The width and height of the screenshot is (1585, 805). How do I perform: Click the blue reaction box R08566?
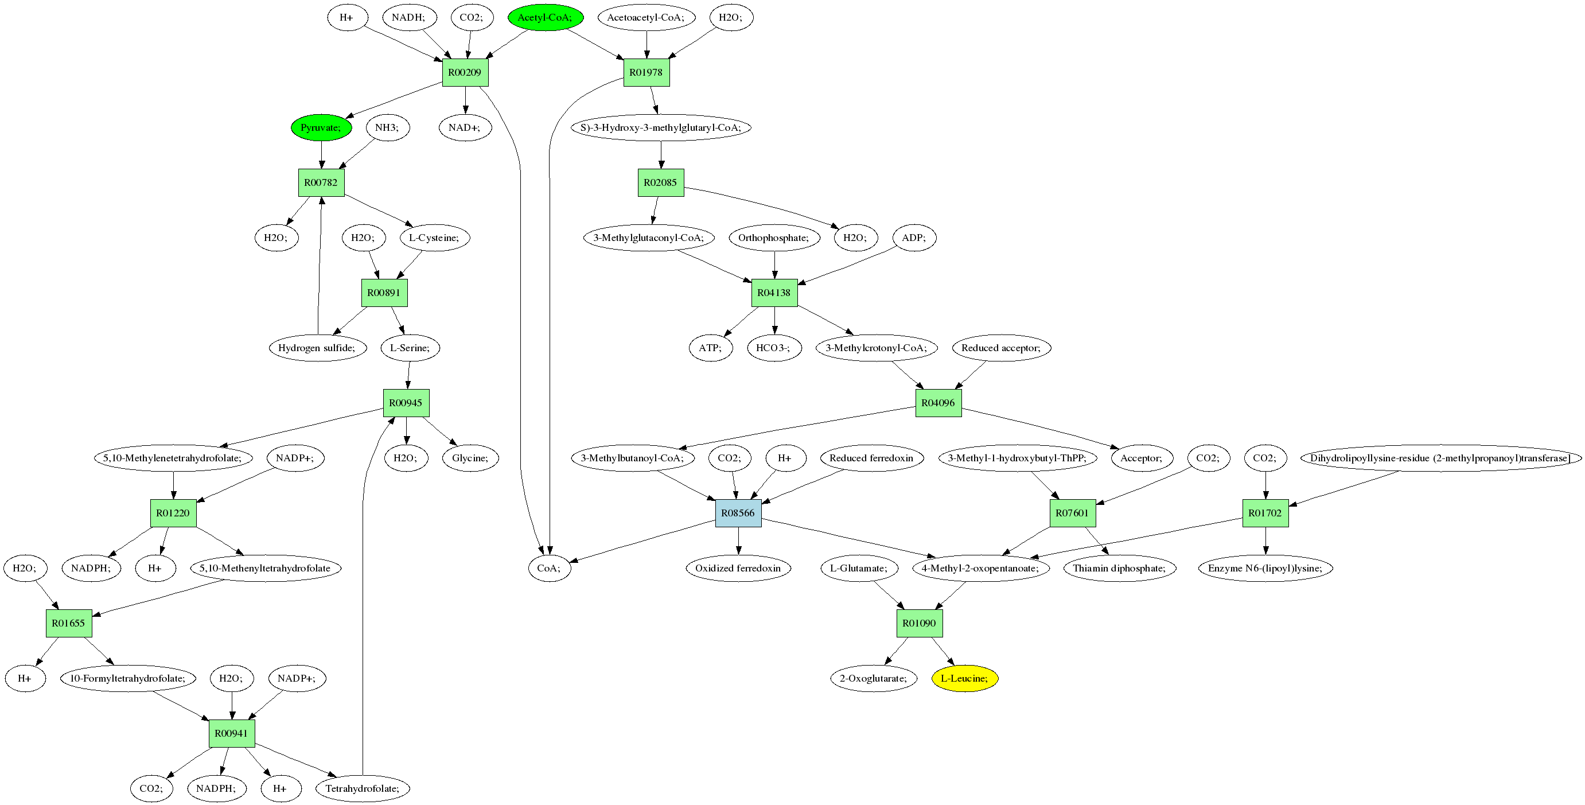point(738,514)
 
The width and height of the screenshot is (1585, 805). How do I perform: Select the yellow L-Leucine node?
point(964,678)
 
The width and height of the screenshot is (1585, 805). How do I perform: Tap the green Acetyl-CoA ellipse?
point(545,17)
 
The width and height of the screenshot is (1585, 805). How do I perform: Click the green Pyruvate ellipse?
point(321,127)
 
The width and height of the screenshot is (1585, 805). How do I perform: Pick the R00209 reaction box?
point(465,73)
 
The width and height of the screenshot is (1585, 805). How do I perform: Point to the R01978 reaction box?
point(646,73)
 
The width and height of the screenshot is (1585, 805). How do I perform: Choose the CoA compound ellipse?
point(549,568)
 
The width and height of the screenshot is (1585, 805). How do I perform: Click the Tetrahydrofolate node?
point(363,788)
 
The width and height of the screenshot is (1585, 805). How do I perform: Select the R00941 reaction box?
point(231,734)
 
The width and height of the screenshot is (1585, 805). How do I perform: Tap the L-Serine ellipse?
point(410,348)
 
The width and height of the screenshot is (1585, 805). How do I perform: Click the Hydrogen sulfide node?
point(317,348)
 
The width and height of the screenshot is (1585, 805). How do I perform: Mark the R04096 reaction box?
point(938,403)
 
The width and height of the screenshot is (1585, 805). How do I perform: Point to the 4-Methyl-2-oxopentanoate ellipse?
point(980,568)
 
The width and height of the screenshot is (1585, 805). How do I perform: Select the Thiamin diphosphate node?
point(1119,568)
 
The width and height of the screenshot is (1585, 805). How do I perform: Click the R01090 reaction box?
point(919,624)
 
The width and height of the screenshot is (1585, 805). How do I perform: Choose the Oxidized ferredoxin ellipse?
point(738,568)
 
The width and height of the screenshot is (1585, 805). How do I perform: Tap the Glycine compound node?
point(470,458)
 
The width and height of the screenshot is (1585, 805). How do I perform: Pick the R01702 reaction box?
point(1265,514)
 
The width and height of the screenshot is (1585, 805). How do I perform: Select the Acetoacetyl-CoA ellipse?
point(646,17)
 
